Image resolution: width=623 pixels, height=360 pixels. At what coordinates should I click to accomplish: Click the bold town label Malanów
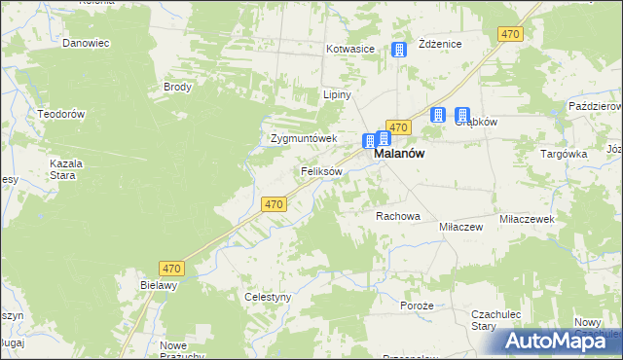click(x=399, y=154)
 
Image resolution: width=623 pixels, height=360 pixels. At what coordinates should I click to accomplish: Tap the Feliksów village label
click(x=320, y=171)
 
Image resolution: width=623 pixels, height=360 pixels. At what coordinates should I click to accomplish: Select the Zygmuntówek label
click(x=303, y=138)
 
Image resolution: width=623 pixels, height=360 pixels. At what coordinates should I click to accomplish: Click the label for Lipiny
click(x=336, y=95)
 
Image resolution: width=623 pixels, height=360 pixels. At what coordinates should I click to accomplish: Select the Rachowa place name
click(x=397, y=216)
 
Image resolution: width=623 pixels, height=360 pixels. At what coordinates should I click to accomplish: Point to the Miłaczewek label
click(x=527, y=220)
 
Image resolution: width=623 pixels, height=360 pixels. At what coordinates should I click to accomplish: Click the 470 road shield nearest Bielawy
click(x=171, y=268)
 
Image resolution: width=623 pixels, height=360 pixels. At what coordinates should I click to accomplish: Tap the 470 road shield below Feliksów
click(x=274, y=204)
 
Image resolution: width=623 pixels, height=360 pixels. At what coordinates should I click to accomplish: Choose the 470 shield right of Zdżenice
click(x=510, y=34)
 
